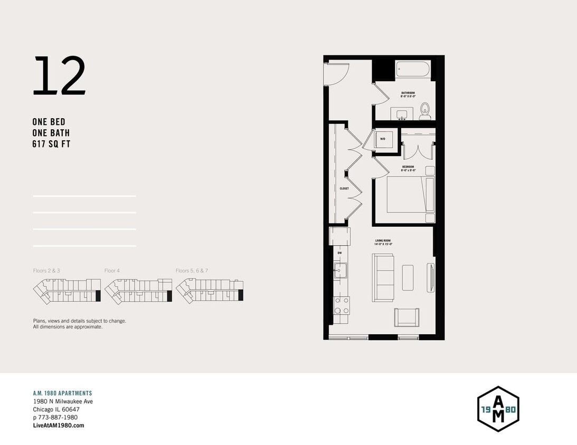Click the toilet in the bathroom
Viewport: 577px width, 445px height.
click(425, 111)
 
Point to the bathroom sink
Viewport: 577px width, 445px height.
click(403, 114)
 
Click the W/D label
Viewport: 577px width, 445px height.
click(383, 139)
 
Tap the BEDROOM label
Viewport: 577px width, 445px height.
click(408, 167)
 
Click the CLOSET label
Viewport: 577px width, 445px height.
click(344, 188)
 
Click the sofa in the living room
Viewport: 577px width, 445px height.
click(383, 278)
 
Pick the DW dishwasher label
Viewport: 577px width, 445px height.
click(339, 253)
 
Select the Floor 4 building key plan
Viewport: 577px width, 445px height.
click(138, 289)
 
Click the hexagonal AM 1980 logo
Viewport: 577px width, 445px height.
click(498, 409)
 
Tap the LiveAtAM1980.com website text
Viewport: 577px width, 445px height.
click(58, 425)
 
